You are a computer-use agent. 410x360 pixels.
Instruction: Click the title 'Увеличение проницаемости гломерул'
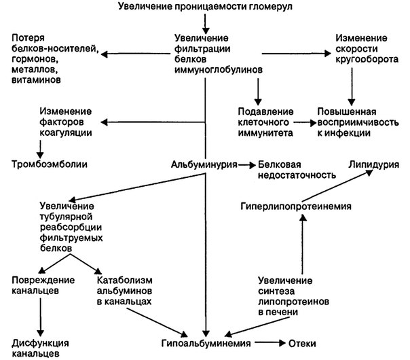[x=205, y=6]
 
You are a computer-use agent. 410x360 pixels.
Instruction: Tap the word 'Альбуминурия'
[x=204, y=164]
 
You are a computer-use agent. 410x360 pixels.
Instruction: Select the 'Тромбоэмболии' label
[x=50, y=164]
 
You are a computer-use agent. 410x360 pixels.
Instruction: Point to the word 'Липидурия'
[x=373, y=164]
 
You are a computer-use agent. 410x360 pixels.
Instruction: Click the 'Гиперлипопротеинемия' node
[x=296, y=206]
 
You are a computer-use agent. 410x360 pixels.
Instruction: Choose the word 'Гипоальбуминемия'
[x=206, y=343]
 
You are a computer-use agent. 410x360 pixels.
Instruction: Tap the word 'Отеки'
[x=302, y=343]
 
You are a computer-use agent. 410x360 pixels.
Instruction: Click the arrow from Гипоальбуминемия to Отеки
[x=270, y=343]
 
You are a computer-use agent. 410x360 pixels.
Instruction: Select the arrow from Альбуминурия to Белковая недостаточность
[x=247, y=165]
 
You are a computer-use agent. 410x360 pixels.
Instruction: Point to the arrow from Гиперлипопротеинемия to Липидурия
[x=339, y=185]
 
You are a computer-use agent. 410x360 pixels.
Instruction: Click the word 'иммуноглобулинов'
[x=219, y=70]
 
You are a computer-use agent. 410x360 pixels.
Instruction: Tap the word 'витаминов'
[x=36, y=79]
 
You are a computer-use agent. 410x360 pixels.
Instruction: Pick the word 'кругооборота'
[x=367, y=59]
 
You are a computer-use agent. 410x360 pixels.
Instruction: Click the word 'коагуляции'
[x=66, y=132]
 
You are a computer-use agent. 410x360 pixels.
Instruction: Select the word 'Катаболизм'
[x=124, y=281]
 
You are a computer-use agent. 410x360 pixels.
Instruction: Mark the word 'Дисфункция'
[x=40, y=343]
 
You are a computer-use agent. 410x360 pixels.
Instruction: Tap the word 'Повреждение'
[x=43, y=281]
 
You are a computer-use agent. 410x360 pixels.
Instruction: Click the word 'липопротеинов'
[x=293, y=302]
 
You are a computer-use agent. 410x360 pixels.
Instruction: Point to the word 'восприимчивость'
[x=358, y=122]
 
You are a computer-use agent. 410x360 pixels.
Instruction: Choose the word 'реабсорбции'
[x=71, y=227]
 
